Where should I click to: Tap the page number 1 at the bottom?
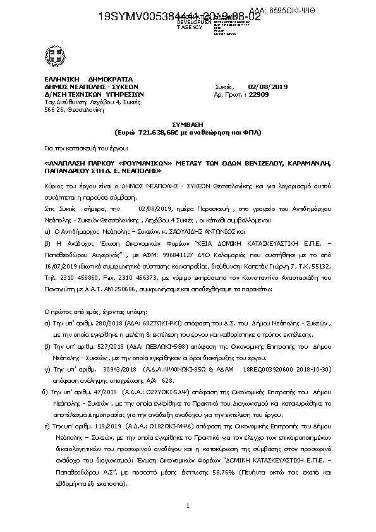click(x=188, y=506)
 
